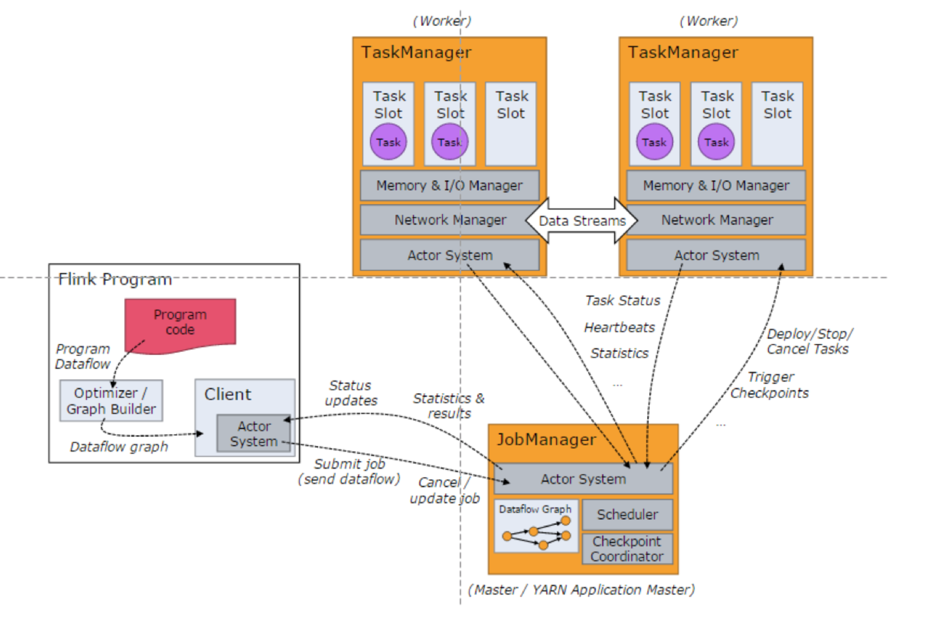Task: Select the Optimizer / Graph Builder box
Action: (x=111, y=401)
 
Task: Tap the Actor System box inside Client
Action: (x=253, y=434)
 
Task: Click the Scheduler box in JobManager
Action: (x=627, y=515)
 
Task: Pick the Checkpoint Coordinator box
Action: (x=627, y=549)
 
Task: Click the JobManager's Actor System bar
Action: (x=583, y=479)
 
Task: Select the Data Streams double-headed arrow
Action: (x=581, y=221)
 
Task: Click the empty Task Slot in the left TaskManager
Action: (x=511, y=124)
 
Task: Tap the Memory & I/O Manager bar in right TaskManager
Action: (x=716, y=186)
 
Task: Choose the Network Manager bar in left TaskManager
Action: (x=450, y=220)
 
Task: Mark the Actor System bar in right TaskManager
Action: (x=716, y=255)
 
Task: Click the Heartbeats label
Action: (x=619, y=327)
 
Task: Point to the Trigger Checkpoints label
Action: (x=769, y=385)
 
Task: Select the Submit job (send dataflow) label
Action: (x=349, y=471)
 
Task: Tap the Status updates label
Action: (x=351, y=393)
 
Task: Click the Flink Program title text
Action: (x=115, y=279)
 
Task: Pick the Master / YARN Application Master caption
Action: (x=581, y=590)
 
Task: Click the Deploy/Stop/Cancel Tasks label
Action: (x=808, y=341)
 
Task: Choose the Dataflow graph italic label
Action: (x=119, y=447)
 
